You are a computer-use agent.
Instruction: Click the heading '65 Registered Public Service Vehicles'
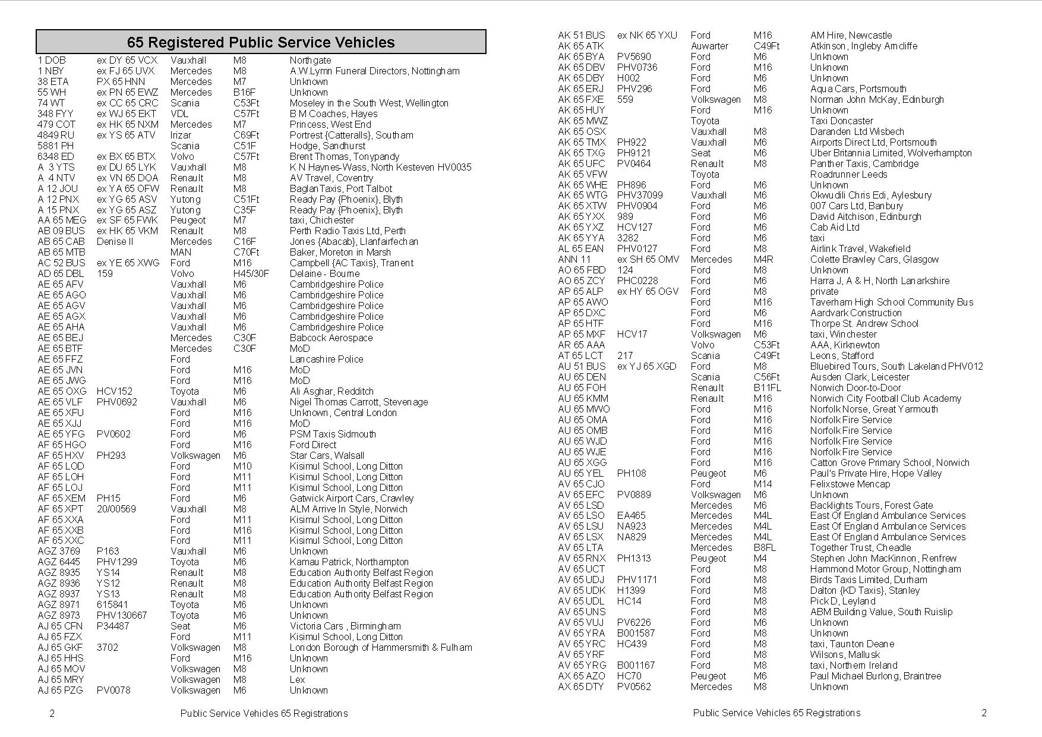pos(261,42)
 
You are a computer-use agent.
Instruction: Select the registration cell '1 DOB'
pos(52,60)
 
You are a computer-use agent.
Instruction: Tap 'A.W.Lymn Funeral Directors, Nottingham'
pos(374,71)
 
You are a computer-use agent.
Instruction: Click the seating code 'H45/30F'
pos(251,273)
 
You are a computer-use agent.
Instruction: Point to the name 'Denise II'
pos(115,241)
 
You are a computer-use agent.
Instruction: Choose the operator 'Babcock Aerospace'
pos(331,338)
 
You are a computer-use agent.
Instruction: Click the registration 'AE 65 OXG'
pos(62,391)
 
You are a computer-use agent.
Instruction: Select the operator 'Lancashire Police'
pos(326,359)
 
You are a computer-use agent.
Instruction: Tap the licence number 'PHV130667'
pos(122,615)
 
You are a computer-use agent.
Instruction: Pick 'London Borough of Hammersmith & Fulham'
pos(381,647)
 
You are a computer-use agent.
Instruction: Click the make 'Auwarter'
pos(709,46)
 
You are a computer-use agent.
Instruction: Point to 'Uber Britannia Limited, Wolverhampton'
pos(891,153)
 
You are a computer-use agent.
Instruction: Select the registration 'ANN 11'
pos(574,259)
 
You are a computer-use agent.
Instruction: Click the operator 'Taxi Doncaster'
pos(841,121)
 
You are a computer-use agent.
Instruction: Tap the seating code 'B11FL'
pos(768,388)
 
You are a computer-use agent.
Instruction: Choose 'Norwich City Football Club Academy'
pos(885,398)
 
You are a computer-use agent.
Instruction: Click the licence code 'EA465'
pos(631,515)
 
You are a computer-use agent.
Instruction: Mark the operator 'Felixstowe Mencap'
pos(850,484)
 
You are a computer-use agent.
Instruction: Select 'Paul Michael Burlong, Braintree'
pos(875,676)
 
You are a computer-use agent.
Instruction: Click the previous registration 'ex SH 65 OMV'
pos(648,259)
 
